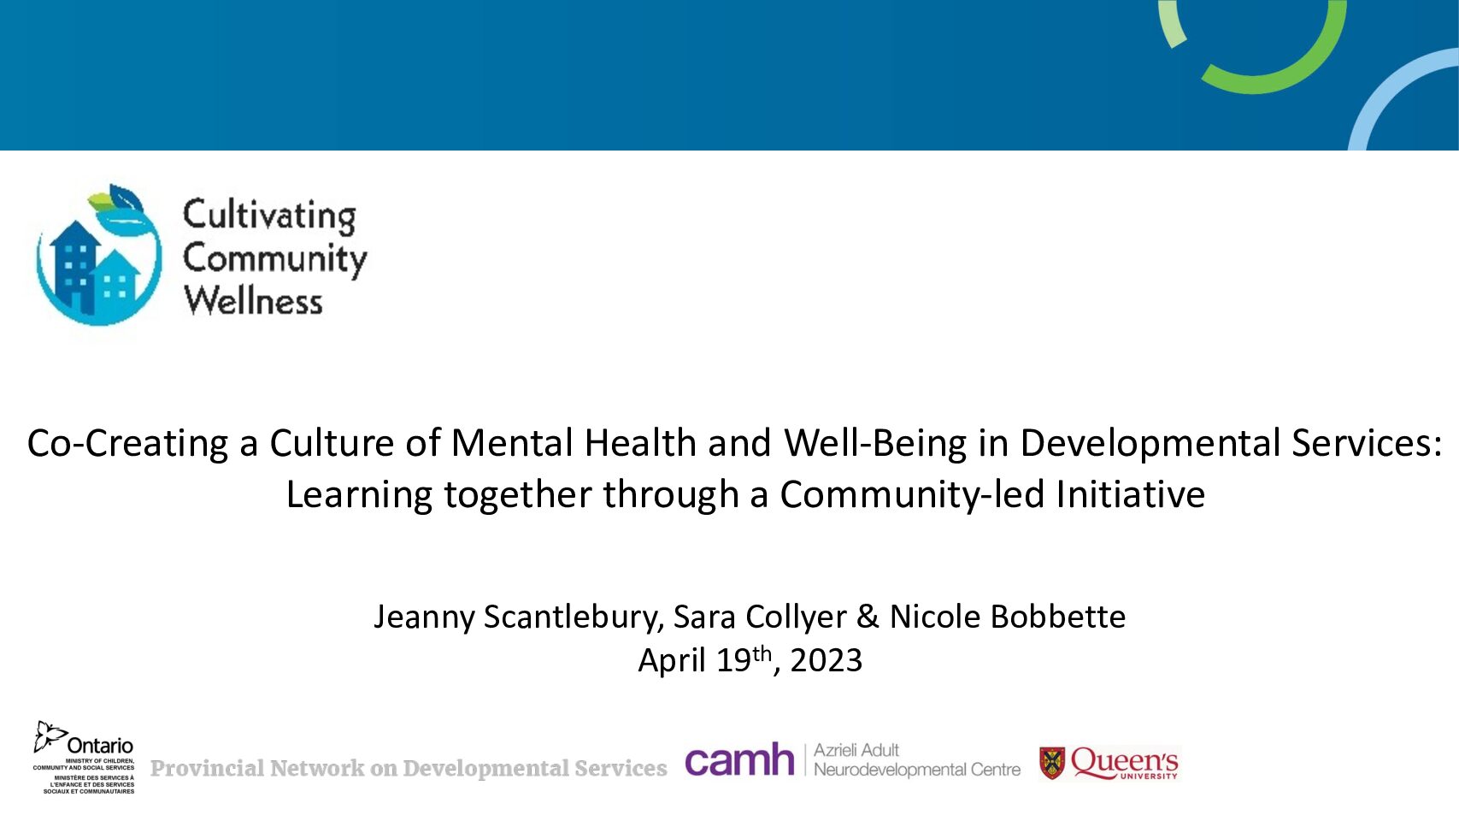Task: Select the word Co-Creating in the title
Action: [x=127, y=443]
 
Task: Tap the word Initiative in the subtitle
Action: [x=1130, y=494]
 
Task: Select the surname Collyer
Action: [x=796, y=617]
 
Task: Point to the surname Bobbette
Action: [x=1058, y=617]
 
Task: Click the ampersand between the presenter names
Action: [x=868, y=617]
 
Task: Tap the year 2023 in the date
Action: [x=826, y=661]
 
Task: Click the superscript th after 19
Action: [x=762, y=653]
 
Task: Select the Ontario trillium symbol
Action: [x=50, y=736]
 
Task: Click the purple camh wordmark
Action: [x=739, y=759]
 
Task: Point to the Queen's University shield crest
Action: [x=1052, y=763]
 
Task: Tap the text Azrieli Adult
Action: [x=856, y=751]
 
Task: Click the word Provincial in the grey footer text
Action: [x=207, y=768]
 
